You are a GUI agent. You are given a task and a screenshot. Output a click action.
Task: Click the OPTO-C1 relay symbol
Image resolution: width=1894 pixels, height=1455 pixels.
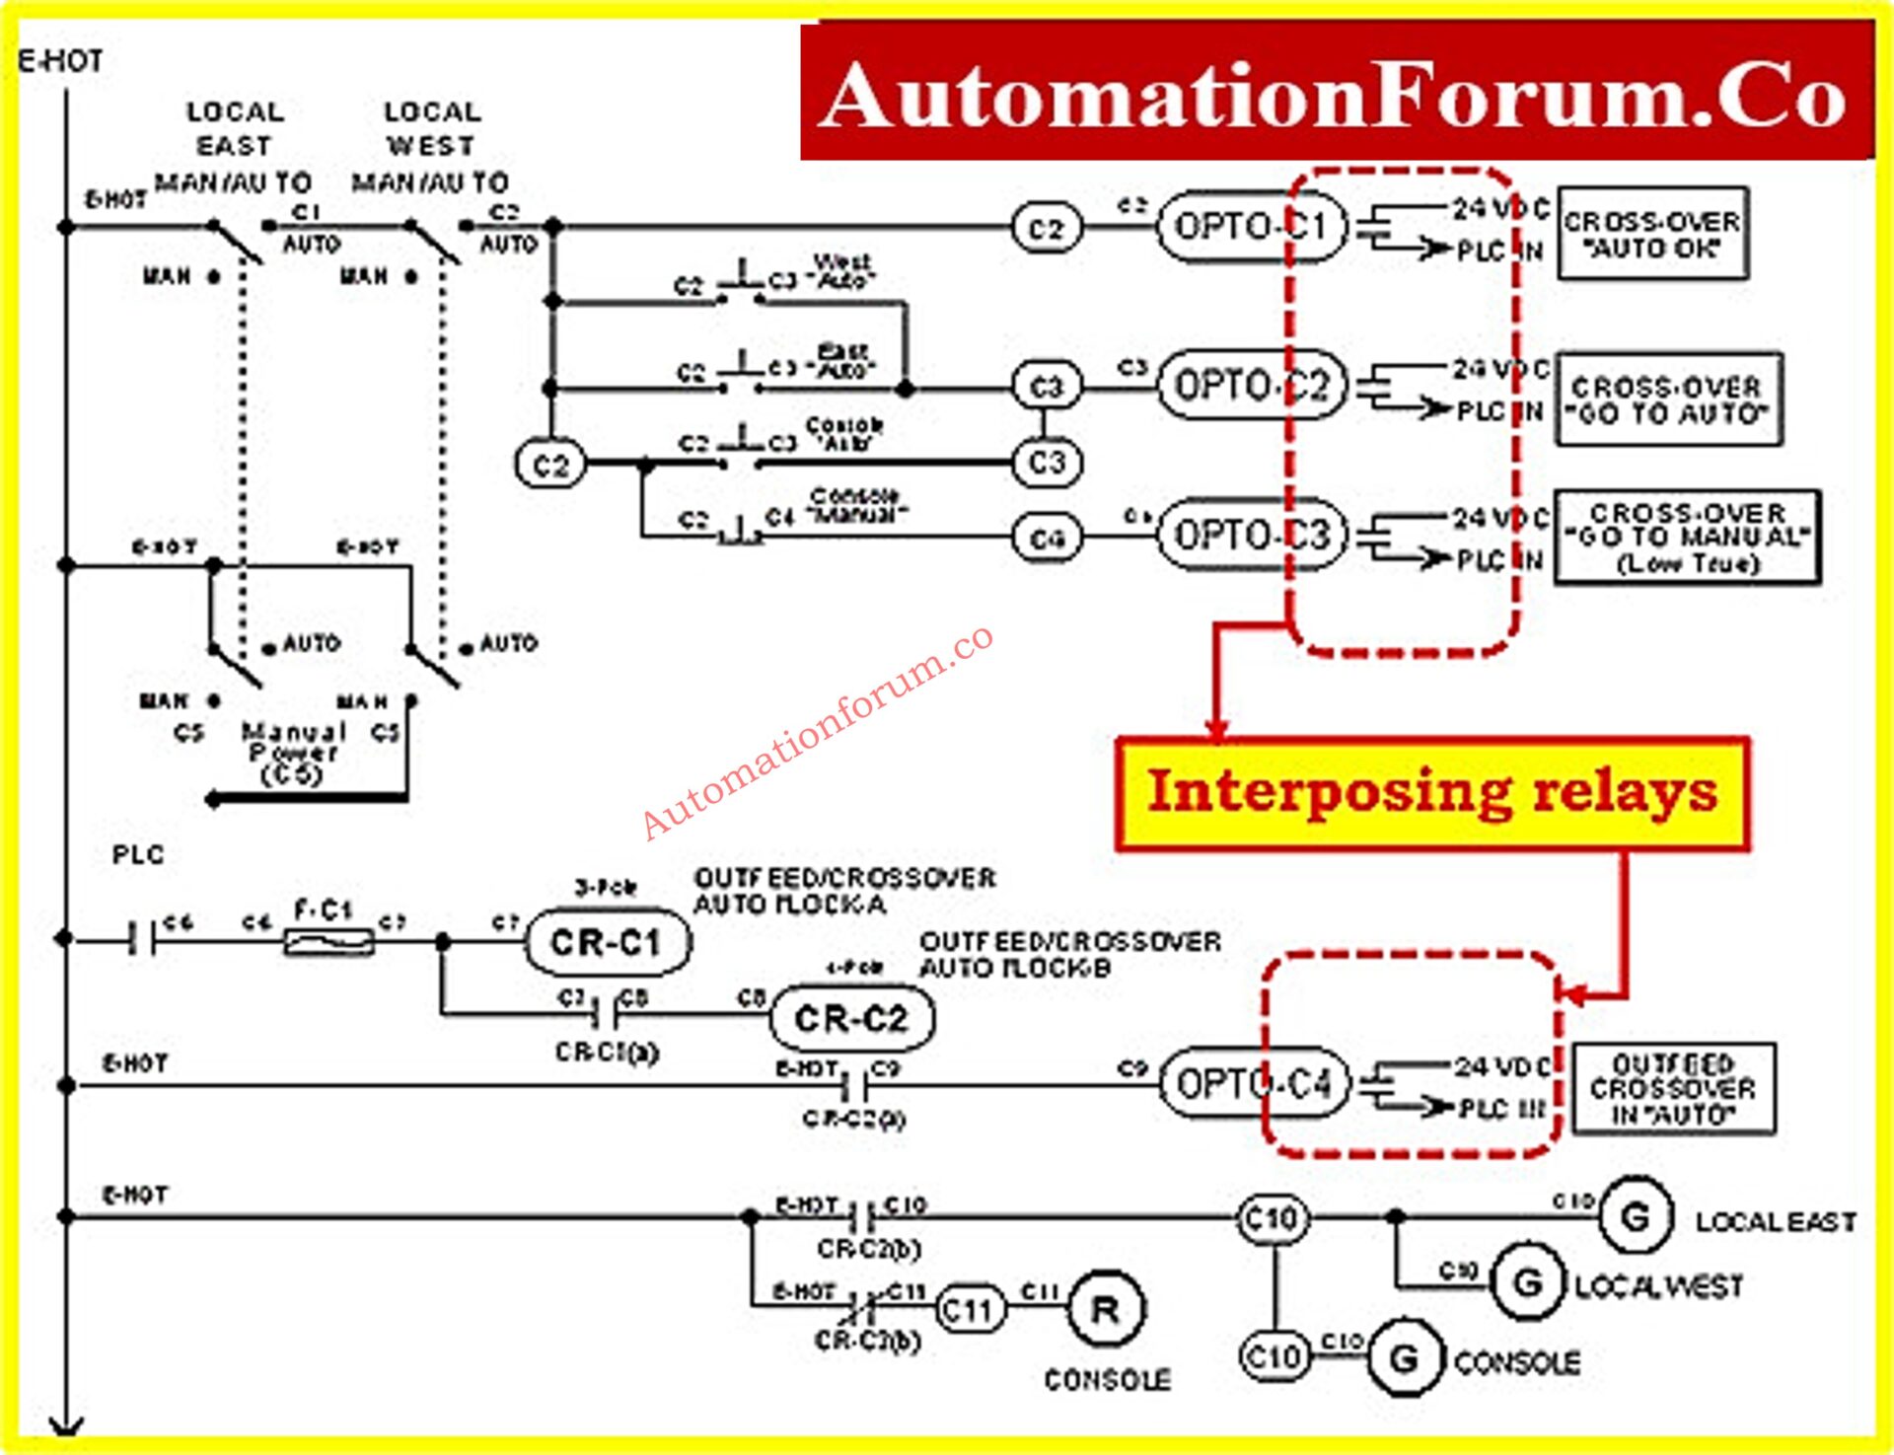pos(1251,227)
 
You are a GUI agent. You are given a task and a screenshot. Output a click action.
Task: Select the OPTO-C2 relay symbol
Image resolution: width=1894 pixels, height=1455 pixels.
pos(1251,385)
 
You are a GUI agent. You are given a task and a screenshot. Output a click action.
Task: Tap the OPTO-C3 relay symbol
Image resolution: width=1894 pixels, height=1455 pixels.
pos(1251,536)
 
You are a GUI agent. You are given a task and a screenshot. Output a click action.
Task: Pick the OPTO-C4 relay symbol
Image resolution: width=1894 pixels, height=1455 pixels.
pos(1253,1084)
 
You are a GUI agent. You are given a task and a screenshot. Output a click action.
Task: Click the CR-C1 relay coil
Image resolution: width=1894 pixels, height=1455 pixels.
pos(606,942)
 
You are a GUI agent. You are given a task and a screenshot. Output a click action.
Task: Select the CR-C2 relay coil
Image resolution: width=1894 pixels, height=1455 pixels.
pos(850,1018)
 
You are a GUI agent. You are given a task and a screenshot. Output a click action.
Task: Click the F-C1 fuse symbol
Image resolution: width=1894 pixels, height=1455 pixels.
pos(328,941)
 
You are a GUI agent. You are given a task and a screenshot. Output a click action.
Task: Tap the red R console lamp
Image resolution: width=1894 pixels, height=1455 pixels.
pos(1106,1310)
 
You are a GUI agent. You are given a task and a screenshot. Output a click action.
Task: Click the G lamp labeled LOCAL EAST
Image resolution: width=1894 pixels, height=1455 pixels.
pos(1635,1216)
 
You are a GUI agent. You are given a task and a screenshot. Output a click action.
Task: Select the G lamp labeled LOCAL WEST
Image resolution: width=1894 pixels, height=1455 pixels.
pos(1527,1283)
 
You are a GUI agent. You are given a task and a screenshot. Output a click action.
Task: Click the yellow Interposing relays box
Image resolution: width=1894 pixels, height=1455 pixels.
pos(1432,793)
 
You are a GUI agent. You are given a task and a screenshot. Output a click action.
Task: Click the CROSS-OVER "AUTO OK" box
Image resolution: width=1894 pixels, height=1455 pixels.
pos(1652,234)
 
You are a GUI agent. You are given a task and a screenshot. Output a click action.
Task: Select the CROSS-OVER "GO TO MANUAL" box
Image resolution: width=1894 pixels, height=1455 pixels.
pos(1688,538)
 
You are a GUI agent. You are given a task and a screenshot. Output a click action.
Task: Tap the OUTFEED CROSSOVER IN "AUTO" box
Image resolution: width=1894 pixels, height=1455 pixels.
pos(1673,1089)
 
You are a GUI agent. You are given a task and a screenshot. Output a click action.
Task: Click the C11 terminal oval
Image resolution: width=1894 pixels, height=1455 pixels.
pos(969,1310)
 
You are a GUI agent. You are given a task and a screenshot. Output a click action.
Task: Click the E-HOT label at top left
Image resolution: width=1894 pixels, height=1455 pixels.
pos(61,61)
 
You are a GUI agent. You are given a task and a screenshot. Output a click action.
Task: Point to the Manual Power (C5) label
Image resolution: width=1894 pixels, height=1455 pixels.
pos(293,754)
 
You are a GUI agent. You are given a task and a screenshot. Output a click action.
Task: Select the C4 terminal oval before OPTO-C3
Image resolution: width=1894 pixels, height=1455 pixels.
pos(1047,539)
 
